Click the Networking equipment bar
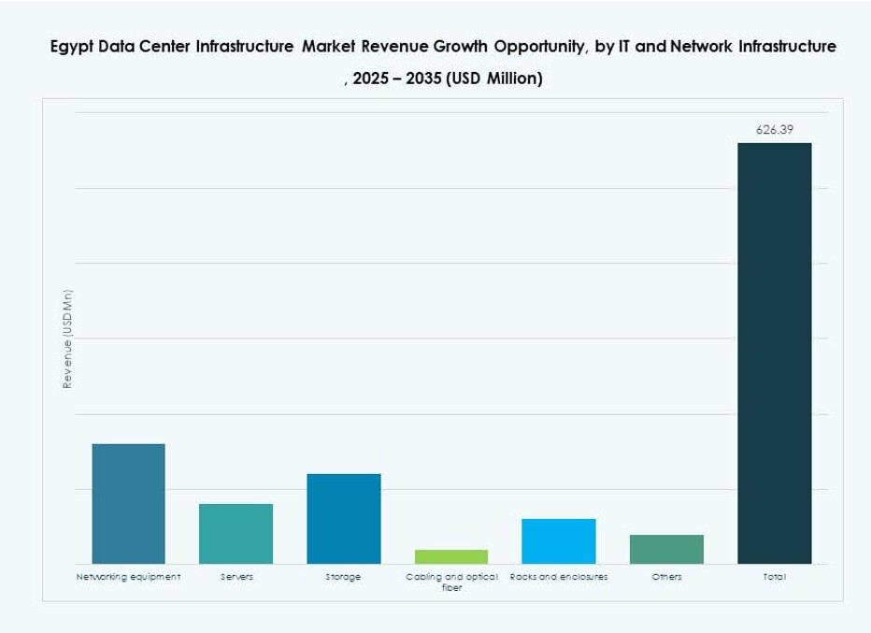[128, 503]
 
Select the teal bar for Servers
[236, 533]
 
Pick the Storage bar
[343, 518]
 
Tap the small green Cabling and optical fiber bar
[450, 556]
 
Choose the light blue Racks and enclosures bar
[558, 540]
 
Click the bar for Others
[666, 549]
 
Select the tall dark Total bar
[774, 352]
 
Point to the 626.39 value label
[774, 130]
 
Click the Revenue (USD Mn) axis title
[67, 338]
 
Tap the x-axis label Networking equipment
[128, 577]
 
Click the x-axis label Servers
[236, 577]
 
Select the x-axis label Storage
[343, 577]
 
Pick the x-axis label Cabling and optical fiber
[451, 582]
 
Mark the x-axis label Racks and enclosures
[559, 577]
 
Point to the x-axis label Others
[666, 577]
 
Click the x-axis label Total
[774, 577]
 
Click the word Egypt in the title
[72, 47]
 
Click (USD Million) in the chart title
[494, 79]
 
